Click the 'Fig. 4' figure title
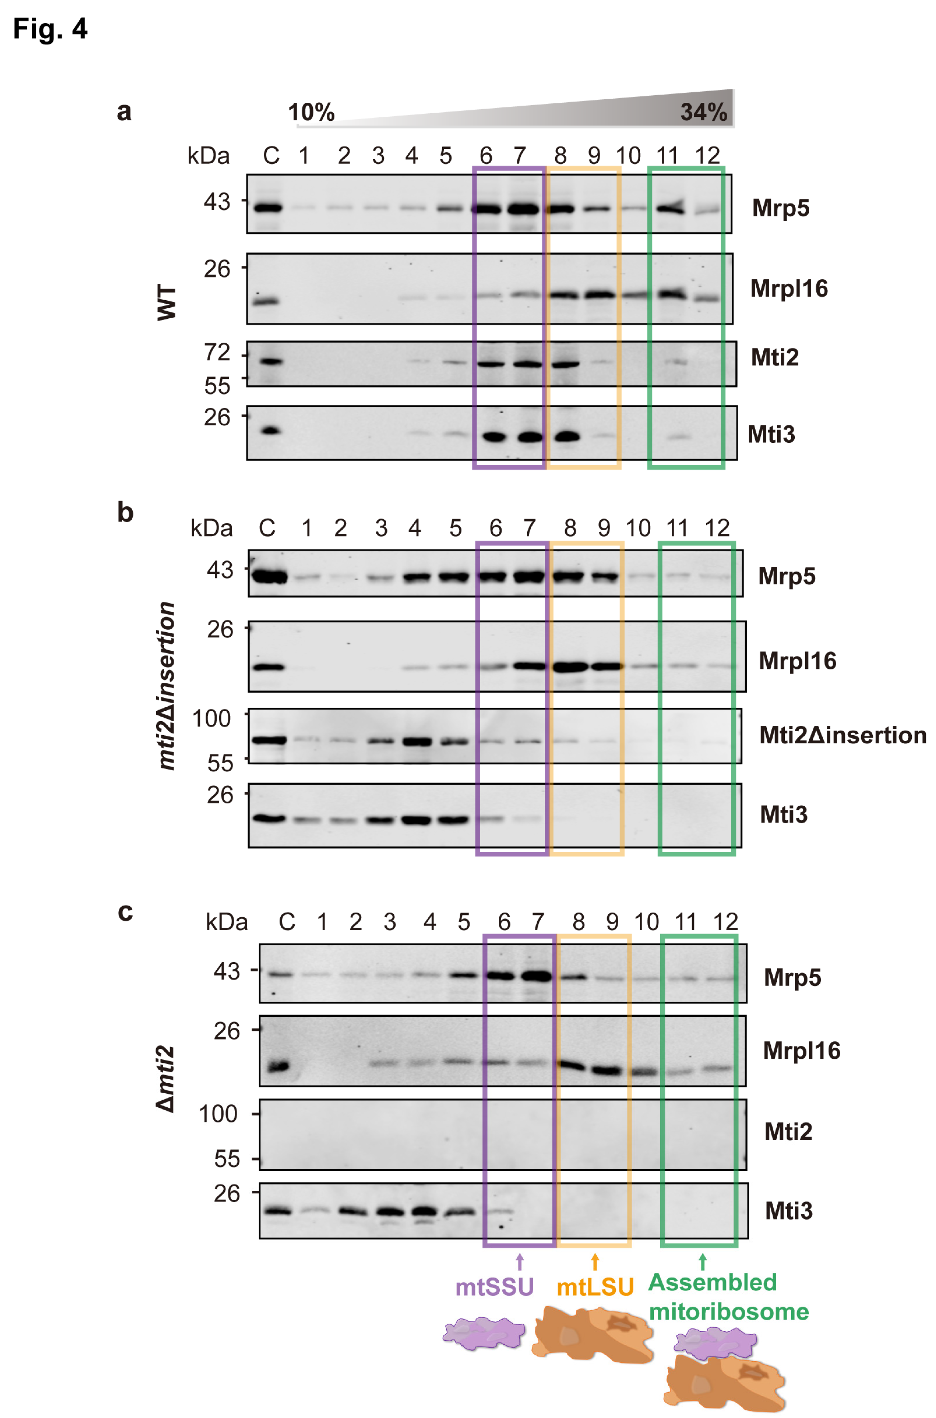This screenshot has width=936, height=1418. point(50,29)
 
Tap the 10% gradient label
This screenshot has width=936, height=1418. point(311,112)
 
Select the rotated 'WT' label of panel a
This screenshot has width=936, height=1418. point(167,303)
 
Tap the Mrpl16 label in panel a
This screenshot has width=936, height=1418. point(788,289)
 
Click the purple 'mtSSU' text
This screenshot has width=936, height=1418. point(494,1287)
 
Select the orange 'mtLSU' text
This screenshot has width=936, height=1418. point(595,1287)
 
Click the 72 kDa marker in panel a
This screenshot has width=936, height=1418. point(217,353)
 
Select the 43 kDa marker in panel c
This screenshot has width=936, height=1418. point(227,972)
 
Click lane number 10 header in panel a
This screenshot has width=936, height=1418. point(628,156)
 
